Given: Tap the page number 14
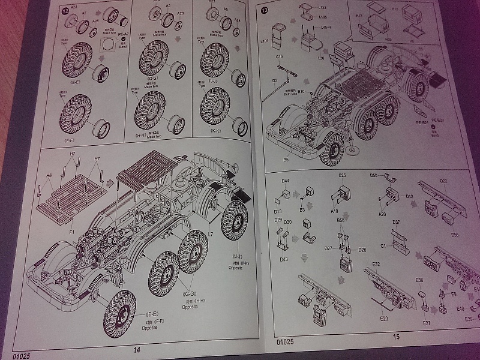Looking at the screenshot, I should tap(136, 350).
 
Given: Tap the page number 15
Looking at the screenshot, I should tap(395, 337).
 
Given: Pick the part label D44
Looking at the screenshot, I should tap(286, 181).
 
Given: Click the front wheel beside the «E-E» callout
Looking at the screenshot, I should tap(123, 312).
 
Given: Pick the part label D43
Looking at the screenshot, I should tap(283, 259).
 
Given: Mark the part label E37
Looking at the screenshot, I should tap(427, 323).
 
